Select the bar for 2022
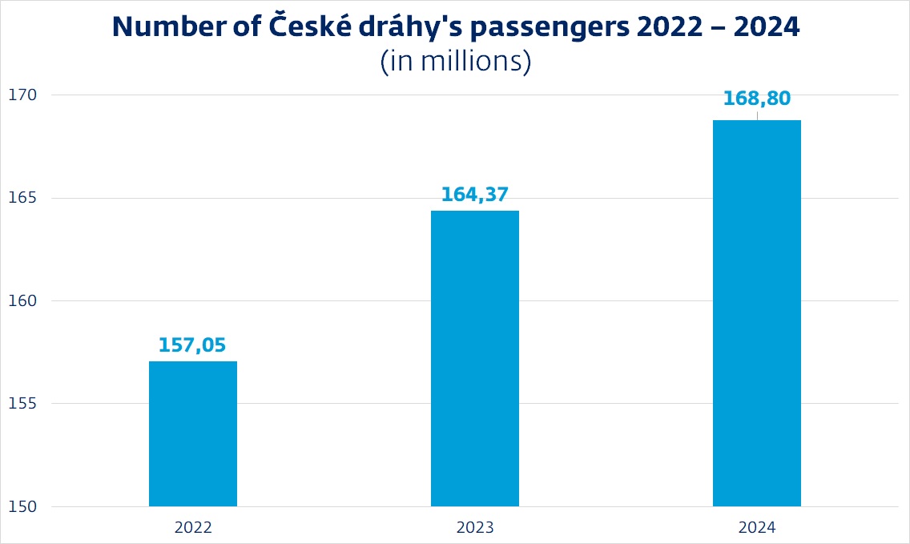coord(193,433)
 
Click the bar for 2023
coord(475,358)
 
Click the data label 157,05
coord(192,345)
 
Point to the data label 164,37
coord(475,195)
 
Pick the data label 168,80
coord(757,99)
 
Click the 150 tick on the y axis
coord(20,506)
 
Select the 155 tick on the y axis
coord(20,404)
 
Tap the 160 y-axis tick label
coord(20,301)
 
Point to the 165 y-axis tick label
coord(20,198)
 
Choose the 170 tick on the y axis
coord(20,95)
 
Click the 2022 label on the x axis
coord(193,528)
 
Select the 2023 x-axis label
coord(475,528)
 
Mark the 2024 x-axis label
coord(757,528)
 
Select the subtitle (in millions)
coord(456,62)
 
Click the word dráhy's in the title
coord(412,29)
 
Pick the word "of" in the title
coord(237,27)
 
